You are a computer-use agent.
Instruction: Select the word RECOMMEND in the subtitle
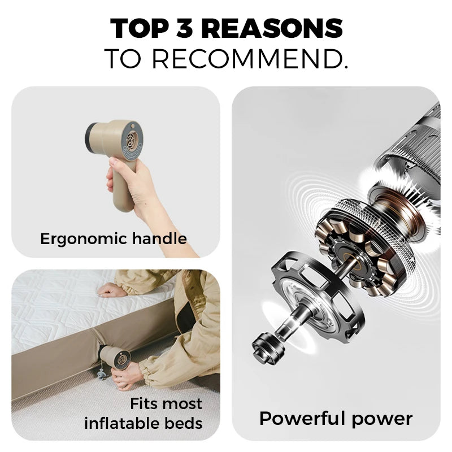point(250,59)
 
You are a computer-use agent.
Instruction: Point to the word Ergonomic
point(83,239)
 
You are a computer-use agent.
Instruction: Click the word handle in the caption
point(159,238)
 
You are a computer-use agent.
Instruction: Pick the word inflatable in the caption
point(122,423)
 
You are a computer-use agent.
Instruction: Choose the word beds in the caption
point(183,423)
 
